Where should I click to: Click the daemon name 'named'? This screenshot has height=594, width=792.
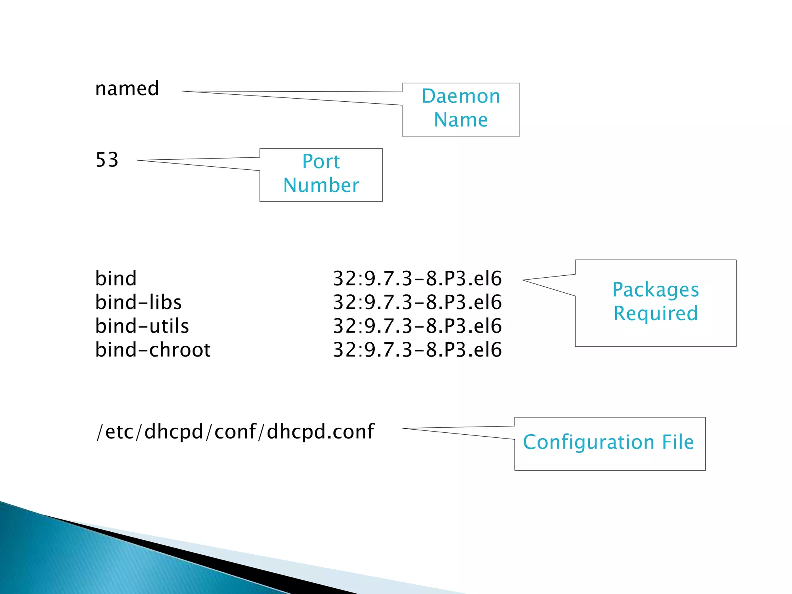(x=127, y=89)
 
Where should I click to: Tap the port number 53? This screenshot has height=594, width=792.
(x=107, y=160)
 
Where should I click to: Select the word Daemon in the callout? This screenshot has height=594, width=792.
(x=461, y=96)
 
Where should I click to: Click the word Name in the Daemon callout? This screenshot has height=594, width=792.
(x=461, y=120)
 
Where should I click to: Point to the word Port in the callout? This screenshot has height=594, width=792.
(x=321, y=162)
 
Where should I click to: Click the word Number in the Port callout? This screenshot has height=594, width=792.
(x=321, y=185)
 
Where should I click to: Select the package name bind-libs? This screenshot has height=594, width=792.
(x=138, y=302)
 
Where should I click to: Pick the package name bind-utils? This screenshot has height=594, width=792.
(x=142, y=326)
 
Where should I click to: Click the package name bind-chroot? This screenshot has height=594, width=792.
(x=153, y=350)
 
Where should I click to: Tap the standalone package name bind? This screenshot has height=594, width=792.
(x=116, y=278)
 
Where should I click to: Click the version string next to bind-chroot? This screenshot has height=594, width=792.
(x=417, y=350)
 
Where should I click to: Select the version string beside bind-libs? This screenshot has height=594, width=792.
(x=417, y=302)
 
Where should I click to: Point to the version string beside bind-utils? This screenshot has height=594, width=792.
(x=417, y=326)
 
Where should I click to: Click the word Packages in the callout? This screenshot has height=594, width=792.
(x=655, y=290)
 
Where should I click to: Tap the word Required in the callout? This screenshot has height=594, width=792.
(x=655, y=313)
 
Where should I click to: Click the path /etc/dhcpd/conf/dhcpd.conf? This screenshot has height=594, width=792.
(x=235, y=432)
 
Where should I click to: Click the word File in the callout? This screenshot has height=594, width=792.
(x=678, y=442)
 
